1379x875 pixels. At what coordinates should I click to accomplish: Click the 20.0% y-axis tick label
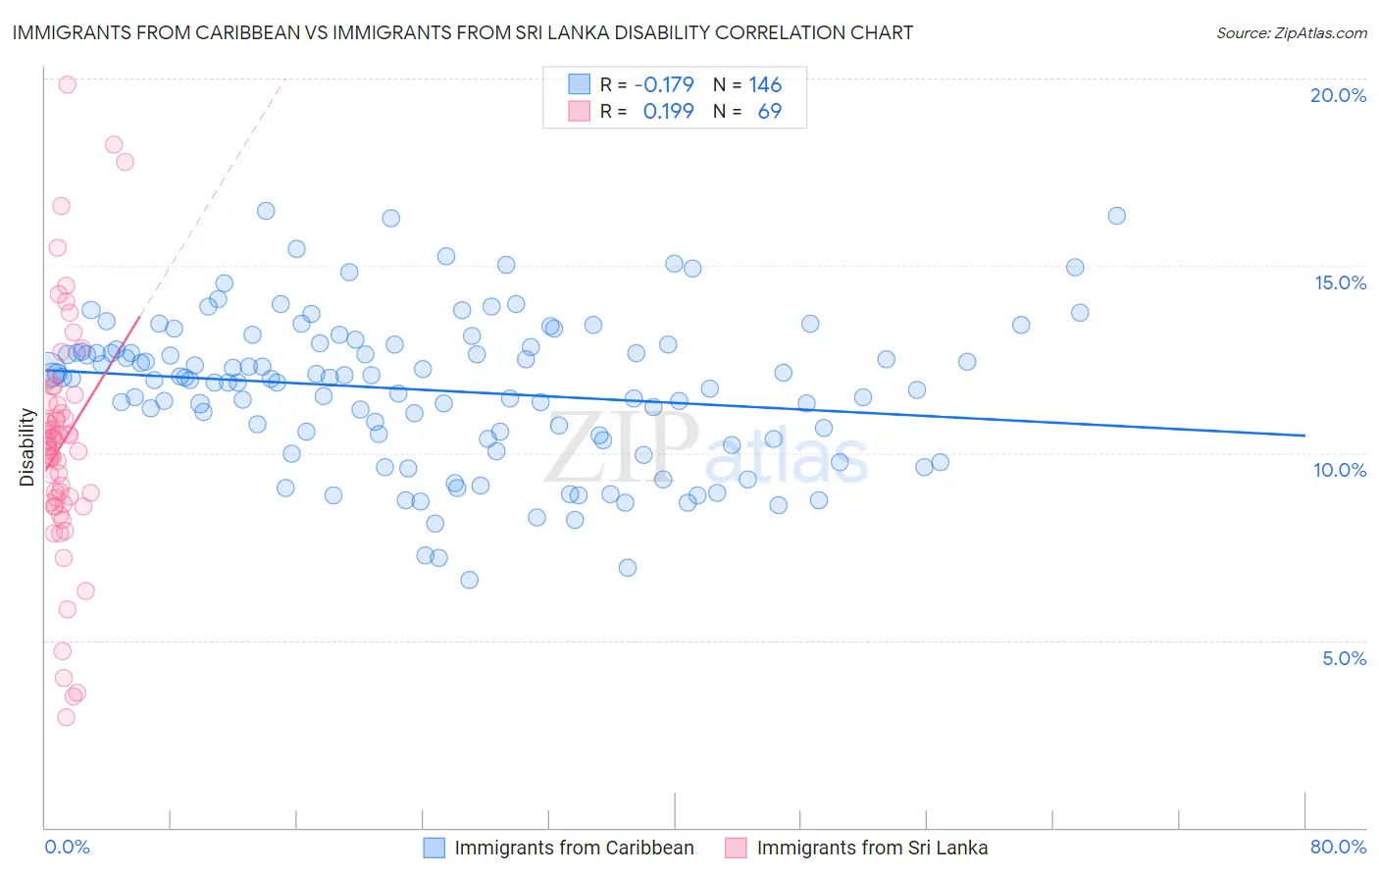1338,95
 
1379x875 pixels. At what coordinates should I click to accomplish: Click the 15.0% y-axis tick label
1340,283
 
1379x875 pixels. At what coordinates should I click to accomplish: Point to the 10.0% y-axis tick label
1340,470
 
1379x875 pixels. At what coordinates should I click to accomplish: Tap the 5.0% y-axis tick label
1344,658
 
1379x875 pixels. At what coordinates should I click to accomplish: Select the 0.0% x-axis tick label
67,847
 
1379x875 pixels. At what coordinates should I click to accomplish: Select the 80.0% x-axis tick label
1338,847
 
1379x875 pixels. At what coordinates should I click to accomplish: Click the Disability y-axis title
26,447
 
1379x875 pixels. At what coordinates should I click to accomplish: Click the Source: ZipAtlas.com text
1291,32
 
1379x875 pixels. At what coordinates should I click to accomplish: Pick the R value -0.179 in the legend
664,84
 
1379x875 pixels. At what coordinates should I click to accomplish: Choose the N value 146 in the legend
765,84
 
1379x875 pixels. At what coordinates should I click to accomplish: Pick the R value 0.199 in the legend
668,111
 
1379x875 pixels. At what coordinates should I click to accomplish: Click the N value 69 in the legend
770,111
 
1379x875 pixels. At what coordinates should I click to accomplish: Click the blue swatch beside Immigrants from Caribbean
434,848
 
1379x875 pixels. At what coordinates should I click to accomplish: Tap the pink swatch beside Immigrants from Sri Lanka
736,848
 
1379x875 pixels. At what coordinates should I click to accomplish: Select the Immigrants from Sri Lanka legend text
872,848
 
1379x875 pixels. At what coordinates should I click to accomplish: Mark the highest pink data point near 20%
67,84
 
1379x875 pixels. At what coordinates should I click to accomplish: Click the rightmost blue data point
1116,216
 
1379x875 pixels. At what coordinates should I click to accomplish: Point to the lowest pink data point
66,717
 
